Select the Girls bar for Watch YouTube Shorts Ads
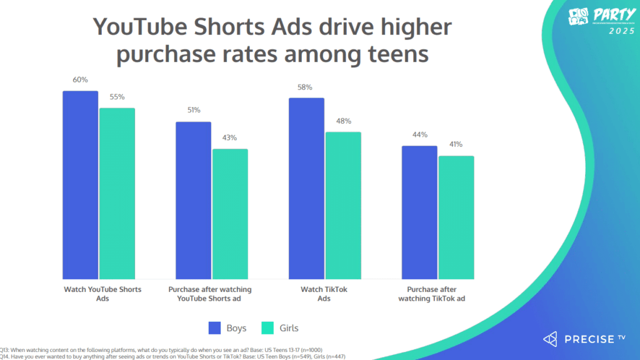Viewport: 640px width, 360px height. point(117,194)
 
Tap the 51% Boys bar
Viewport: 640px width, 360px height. point(193,200)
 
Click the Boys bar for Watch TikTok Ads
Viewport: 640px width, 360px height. point(306,188)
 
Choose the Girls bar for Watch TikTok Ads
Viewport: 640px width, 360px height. point(343,206)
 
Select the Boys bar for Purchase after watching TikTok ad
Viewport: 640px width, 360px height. point(419,212)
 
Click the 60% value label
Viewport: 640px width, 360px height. point(80,80)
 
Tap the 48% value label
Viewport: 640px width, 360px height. point(343,121)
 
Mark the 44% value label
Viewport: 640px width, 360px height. point(419,135)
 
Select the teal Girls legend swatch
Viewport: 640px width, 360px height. point(267,327)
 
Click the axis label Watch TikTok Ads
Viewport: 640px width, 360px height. point(325,294)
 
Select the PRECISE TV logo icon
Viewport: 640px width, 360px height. point(550,339)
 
